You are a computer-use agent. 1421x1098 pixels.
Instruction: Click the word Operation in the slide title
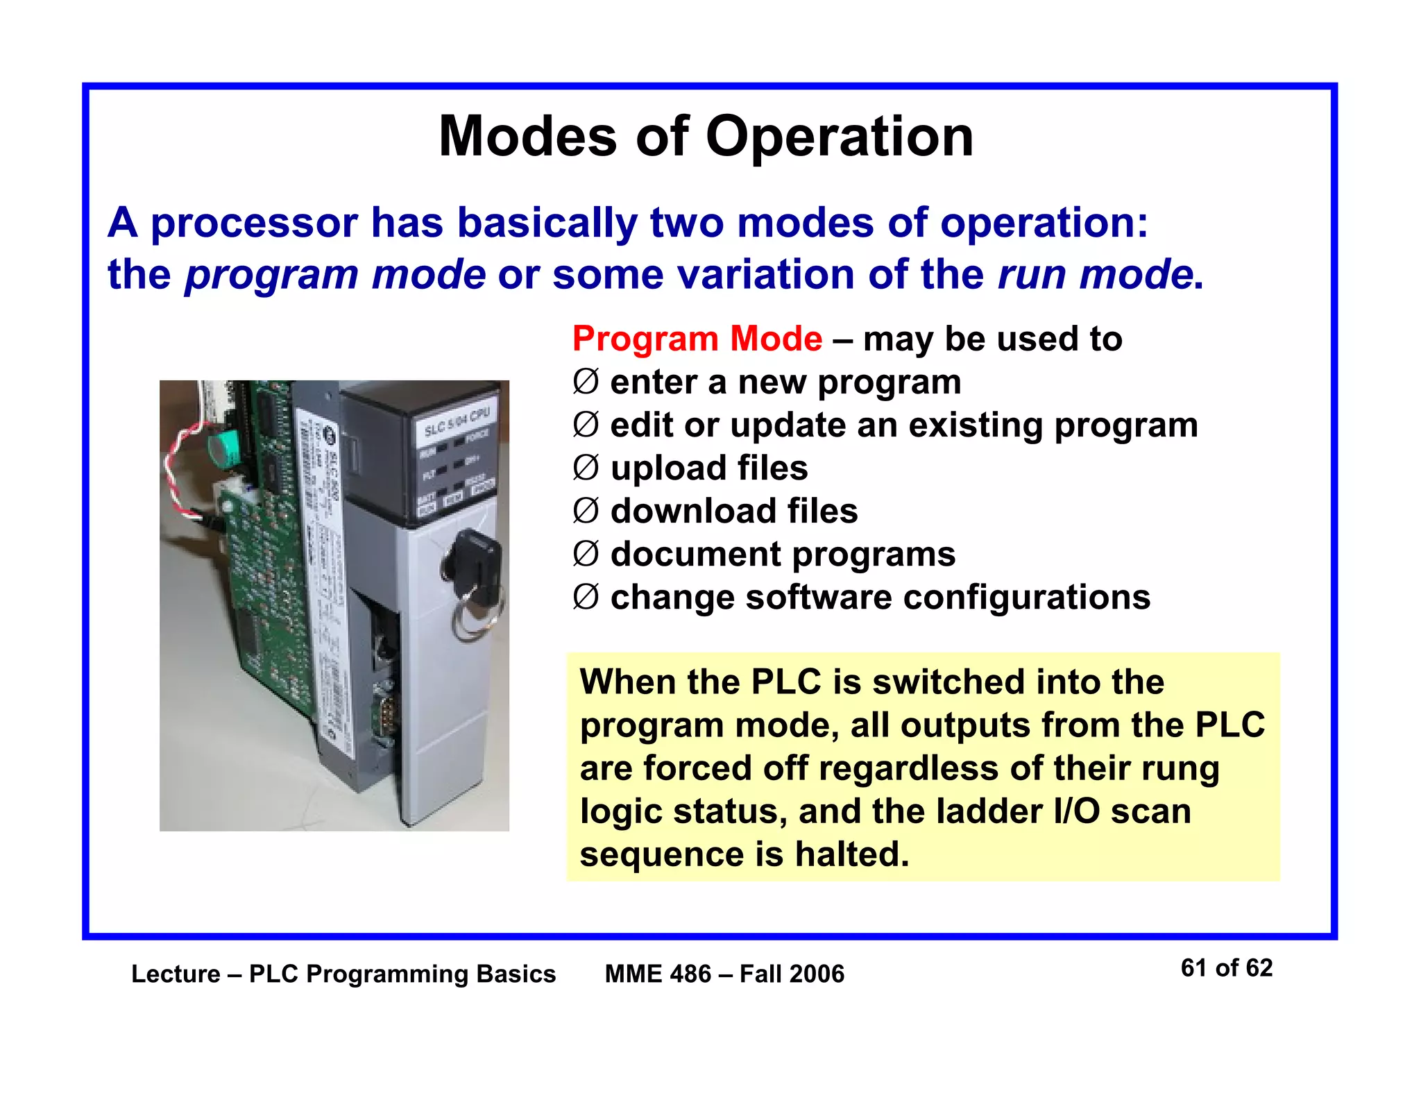(840, 137)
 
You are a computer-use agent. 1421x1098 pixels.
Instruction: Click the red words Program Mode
(697, 339)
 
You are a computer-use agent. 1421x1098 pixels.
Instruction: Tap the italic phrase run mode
(1095, 274)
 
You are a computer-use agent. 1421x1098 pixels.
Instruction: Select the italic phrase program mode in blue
(335, 274)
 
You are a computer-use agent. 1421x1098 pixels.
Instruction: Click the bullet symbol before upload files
(586, 468)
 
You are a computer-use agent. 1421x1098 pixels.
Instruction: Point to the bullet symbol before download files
(586, 512)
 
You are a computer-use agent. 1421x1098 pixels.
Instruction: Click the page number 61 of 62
(1226, 968)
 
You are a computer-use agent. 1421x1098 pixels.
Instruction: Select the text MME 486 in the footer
(658, 974)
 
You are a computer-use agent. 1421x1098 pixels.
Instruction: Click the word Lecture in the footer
(176, 974)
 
